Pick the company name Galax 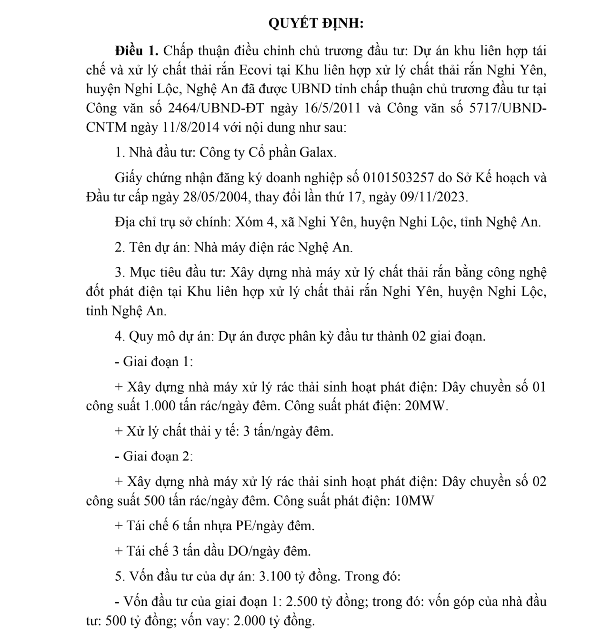pos(318,153)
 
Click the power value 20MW pos(426,406)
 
